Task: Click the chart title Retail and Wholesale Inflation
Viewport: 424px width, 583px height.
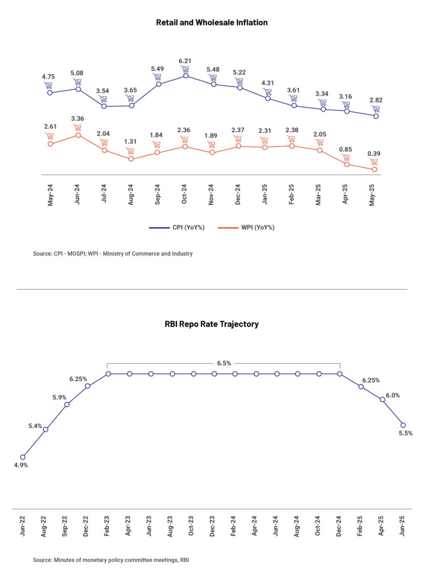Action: (x=212, y=23)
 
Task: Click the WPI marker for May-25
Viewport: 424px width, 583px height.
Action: (x=374, y=170)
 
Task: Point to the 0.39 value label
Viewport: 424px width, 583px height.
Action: (x=374, y=154)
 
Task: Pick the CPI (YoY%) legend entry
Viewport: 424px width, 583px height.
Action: (x=176, y=228)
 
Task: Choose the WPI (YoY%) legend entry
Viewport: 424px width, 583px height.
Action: (x=248, y=228)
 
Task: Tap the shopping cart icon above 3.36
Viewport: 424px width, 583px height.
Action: (x=77, y=128)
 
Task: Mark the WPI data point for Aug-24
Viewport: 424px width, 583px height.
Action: (x=131, y=159)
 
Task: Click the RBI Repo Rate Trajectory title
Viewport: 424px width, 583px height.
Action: (x=212, y=324)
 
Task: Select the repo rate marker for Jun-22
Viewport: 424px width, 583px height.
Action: (x=23, y=457)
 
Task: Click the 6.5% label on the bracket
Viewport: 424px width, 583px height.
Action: (x=223, y=363)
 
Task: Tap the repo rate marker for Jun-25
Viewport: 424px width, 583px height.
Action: (x=403, y=425)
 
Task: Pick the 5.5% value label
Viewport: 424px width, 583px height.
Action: (x=405, y=433)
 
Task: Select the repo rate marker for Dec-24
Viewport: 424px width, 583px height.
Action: (x=340, y=374)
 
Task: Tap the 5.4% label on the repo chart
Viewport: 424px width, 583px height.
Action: (x=35, y=426)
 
